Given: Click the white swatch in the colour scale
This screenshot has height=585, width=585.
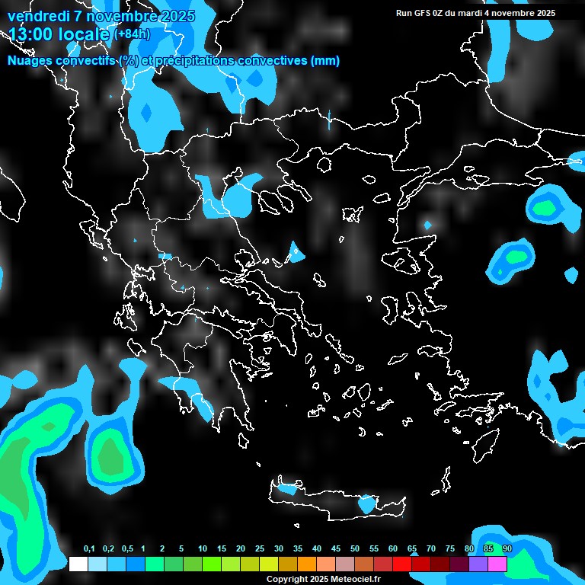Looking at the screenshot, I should pyautogui.click(x=78, y=564).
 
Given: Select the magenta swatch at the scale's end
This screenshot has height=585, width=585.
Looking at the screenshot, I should pyautogui.click(x=497, y=564).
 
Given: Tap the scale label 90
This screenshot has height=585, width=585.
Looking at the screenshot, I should pyautogui.click(x=507, y=549).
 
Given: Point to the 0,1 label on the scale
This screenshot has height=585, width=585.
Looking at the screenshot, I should pyautogui.click(x=89, y=549).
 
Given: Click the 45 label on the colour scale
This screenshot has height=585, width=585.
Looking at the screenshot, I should pyautogui.click(x=336, y=549).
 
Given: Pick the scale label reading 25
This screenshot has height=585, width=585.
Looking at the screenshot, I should pyautogui.click(x=260, y=549).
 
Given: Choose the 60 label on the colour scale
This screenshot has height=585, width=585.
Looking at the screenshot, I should pyautogui.click(x=393, y=549).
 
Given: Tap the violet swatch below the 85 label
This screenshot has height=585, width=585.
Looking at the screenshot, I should pyautogui.click(x=478, y=564).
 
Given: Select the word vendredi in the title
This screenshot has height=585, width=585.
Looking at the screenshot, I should pyautogui.click(x=37, y=16).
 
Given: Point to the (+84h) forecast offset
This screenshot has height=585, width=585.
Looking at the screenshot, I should pyautogui.click(x=132, y=34).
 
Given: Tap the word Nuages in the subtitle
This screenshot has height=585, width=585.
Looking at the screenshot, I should pyautogui.click(x=28, y=61).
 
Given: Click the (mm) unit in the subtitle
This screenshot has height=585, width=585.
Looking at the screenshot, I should pyautogui.click(x=325, y=61).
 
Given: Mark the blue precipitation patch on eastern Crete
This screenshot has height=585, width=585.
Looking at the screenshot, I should pyautogui.click(x=367, y=503).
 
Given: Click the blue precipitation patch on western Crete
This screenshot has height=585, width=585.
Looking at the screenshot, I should pyautogui.click(x=286, y=488).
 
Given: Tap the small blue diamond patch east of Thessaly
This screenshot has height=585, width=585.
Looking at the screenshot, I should pyautogui.click(x=296, y=251).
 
